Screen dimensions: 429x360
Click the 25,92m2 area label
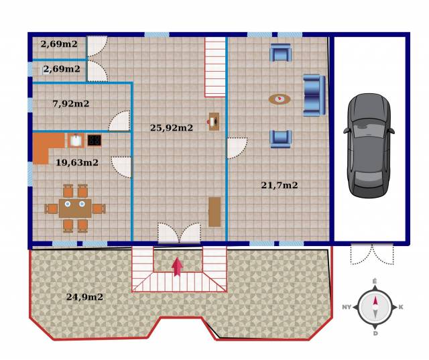172,128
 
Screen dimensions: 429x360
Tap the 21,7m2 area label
280,185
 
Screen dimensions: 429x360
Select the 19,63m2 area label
77,162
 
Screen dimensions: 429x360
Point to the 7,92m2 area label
71,104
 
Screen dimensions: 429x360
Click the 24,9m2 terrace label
84,297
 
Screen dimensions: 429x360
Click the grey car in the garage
369,145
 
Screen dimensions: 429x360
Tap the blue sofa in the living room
314,95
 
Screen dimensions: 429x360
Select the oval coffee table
280,99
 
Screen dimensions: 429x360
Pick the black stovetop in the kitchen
95,140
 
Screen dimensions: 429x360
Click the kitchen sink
76,140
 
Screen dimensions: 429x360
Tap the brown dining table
75,208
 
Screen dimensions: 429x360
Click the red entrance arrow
177,267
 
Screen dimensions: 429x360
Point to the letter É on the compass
375,281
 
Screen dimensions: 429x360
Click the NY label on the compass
347,307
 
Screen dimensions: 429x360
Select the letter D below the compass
375,333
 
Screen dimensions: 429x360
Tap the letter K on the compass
401,307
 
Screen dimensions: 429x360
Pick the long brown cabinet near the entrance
214,212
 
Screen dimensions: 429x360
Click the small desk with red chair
214,121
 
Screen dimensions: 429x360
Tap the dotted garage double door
372,254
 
